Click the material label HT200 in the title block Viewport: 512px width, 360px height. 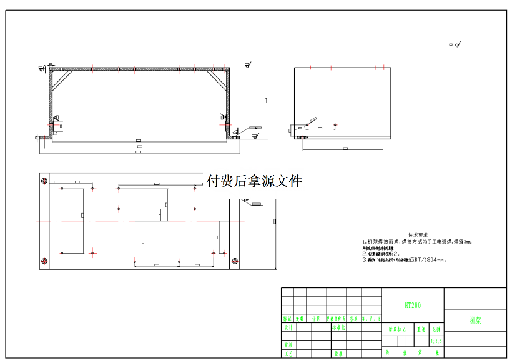click(412, 306)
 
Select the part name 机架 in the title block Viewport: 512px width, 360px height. click(475, 321)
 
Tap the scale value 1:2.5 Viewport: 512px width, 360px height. click(436, 341)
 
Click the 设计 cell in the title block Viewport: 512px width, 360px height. click(288, 327)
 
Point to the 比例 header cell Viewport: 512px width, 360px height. click(436, 328)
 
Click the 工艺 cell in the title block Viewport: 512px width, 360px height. click(288, 354)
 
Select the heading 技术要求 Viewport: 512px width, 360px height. click(417, 234)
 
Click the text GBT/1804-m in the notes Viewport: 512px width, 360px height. click(426, 259)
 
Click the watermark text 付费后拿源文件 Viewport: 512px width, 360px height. click(254, 181)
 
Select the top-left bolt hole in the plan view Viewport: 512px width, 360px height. click(44, 181)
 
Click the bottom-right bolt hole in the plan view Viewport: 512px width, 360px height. click(234, 261)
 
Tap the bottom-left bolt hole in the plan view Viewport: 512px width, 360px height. click(44, 261)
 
